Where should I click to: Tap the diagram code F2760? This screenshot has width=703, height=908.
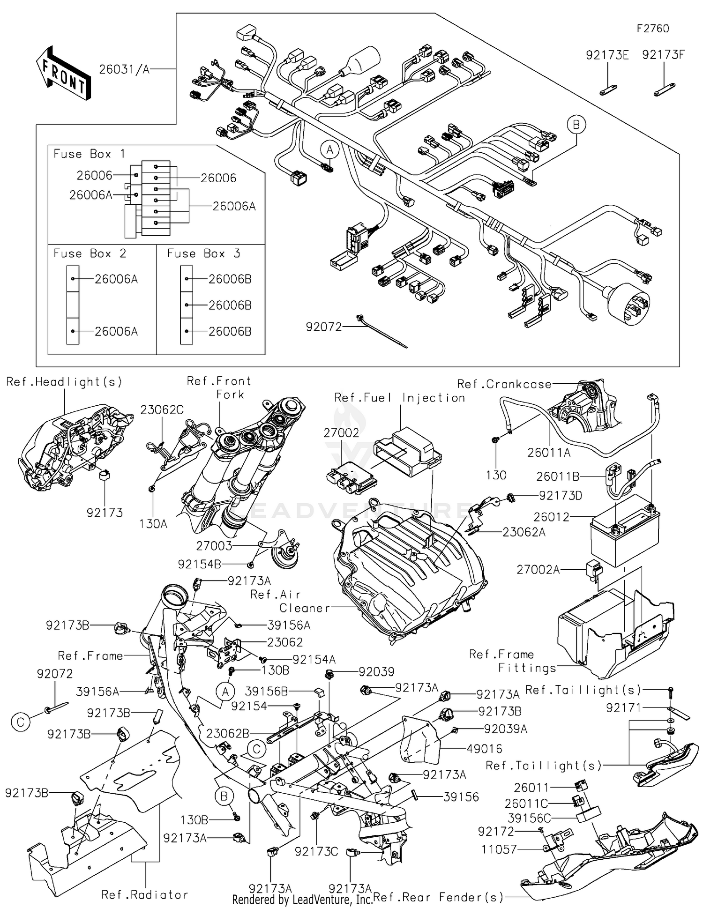pos(652,29)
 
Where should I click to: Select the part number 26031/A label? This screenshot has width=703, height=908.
pos(124,69)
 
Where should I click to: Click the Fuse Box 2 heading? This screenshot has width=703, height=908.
pos(90,253)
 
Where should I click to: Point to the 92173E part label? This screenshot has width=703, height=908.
pos(607,55)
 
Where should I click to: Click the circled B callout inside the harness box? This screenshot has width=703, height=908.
pos(576,125)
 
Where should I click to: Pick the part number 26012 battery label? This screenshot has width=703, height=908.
pos(551,517)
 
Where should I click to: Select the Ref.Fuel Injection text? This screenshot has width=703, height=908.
pos(399,398)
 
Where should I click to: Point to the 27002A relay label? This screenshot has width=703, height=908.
pos(538,569)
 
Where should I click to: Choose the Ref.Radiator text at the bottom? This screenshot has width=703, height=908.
pos(145,894)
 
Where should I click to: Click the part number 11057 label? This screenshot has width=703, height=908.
pos(499,849)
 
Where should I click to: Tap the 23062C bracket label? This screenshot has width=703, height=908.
pos(162,410)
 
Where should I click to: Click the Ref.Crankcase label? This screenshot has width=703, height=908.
pos(504,384)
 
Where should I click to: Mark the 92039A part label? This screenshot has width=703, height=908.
pos(505,729)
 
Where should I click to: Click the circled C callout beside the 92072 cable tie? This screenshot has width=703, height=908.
pos(20,722)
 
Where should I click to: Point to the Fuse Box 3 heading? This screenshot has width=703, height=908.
pos(203,253)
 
